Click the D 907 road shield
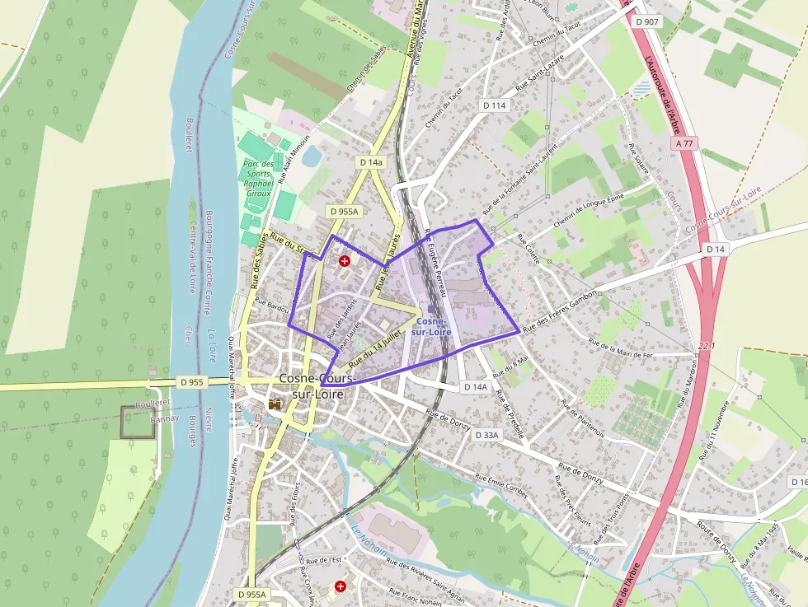tap(647, 21)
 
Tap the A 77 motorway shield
tap(684, 143)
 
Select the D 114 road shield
tap(494, 105)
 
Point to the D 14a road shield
tap(371, 162)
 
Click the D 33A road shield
tap(486, 434)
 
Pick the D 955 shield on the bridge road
tap(191, 382)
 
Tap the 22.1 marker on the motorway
tap(707, 345)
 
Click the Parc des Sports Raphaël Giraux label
tap(257, 178)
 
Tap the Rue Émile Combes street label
tap(501, 486)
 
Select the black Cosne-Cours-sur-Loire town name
tap(318, 385)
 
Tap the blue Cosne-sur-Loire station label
tap(434, 325)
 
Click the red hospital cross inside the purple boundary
tap(345, 261)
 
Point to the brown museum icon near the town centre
tap(275, 404)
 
